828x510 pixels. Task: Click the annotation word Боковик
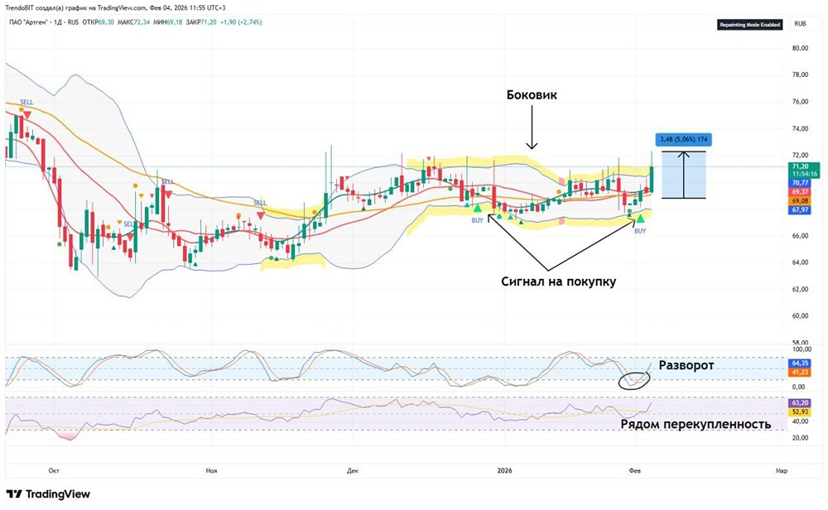point(532,94)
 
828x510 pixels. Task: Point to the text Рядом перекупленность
point(696,424)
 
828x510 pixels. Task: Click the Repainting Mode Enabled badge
point(749,25)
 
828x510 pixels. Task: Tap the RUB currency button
point(800,24)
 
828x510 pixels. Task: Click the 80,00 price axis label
point(799,48)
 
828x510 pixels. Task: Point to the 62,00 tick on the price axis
point(799,289)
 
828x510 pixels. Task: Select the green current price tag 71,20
point(800,166)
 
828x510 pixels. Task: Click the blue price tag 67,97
point(800,210)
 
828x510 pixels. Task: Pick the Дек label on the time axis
point(353,470)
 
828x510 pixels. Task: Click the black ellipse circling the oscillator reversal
point(634,379)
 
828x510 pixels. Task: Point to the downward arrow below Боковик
point(532,132)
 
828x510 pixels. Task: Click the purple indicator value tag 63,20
point(800,402)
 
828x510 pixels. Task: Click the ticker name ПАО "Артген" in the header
point(33,22)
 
